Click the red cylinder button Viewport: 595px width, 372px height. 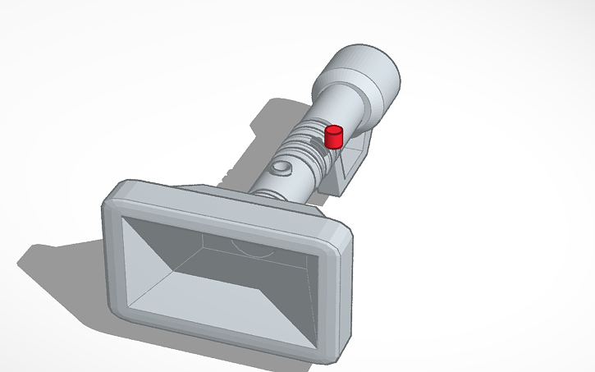333,137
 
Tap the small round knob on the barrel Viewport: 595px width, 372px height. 281,169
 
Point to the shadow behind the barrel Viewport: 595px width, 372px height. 263,123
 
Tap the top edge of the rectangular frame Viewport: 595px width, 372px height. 230,205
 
